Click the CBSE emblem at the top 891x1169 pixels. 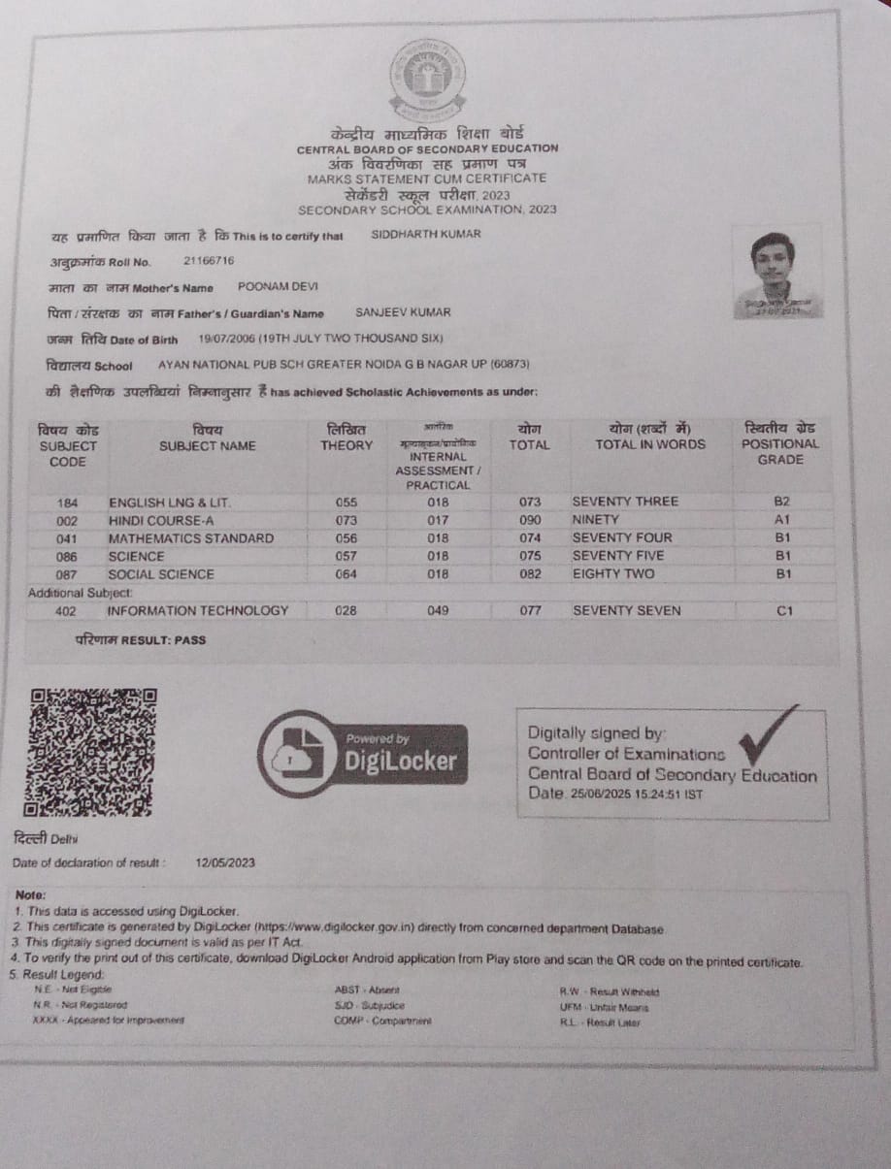tap(427, 77)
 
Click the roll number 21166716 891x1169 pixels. tap(209, 261)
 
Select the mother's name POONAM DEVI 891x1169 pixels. tap(278, 287)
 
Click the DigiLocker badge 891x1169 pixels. tap(363, 754)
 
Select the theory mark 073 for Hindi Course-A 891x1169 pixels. tap(346, 520)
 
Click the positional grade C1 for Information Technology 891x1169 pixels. tap(785, 611)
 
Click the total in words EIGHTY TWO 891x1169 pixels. tap(613, 574)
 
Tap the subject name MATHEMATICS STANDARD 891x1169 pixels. tap(191, 538)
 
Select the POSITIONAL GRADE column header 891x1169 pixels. tap(779, 443)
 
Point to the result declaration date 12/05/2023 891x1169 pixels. tap(225, 862)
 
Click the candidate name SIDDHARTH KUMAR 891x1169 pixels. tap(426, 234)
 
